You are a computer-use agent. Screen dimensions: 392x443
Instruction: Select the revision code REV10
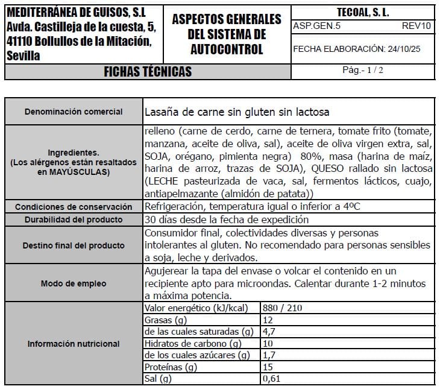416,26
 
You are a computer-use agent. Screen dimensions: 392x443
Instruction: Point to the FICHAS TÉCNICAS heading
148,72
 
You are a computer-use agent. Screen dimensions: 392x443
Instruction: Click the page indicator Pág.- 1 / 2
362,70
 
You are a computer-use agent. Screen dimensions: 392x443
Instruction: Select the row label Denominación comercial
74,112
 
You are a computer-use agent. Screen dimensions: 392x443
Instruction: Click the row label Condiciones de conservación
74,207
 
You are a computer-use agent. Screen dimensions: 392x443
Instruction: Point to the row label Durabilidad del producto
74,220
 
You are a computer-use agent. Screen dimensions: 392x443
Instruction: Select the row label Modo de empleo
74,283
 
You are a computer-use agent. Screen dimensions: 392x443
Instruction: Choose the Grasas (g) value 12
269,320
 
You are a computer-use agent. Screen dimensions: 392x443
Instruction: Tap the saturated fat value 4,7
270,332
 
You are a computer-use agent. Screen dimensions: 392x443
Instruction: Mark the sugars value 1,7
270,355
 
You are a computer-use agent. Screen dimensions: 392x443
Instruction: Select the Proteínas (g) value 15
269,367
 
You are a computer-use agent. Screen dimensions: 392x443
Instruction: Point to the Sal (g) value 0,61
272,379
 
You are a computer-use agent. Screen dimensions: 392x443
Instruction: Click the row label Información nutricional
74,344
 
